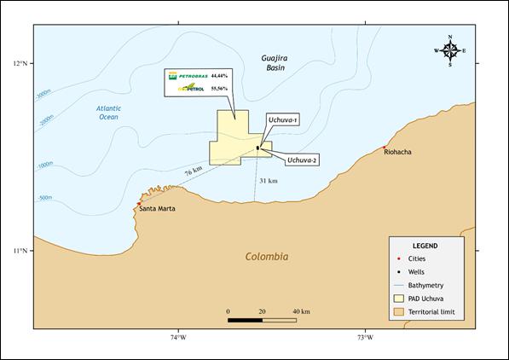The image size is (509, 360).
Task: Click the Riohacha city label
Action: point(397,152)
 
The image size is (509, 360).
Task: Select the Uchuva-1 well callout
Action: point(282,120)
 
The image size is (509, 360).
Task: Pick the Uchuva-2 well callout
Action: point(302,160)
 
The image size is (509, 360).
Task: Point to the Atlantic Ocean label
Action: point(108,112)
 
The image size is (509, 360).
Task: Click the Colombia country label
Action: point(266,257)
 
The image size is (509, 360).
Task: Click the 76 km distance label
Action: point(193,172)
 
